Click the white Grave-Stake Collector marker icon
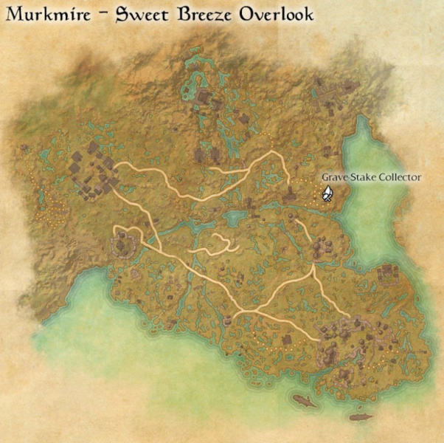click(x=327, y=194)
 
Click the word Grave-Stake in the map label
click(x=349, y=177)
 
